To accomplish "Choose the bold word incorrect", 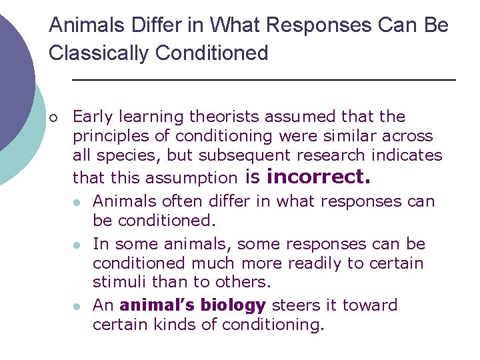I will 318,177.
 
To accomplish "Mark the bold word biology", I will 233,305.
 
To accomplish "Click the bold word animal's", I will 157,305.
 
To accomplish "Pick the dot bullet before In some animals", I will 79,245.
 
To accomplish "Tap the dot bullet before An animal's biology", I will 79,307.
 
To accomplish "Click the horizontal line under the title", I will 263,80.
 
